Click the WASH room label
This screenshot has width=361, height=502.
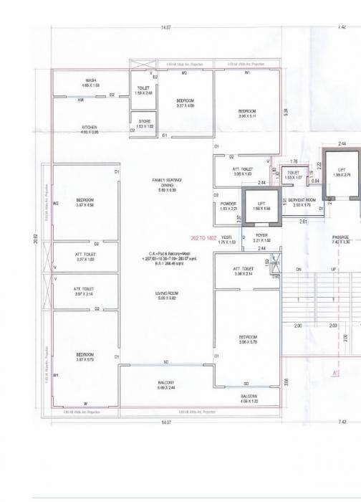(x=91, y=80)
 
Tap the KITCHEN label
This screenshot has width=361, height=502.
(x=90, y=128)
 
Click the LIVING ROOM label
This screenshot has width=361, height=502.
(x=166, y=293)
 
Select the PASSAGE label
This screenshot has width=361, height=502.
(x=340, y=237)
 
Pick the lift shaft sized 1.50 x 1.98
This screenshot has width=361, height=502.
(x=261, y=205)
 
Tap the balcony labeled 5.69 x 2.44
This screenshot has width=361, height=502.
(x=166, y=384)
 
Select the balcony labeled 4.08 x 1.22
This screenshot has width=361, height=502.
(x=249, y=397)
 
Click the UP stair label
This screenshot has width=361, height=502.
(x=332, y=270)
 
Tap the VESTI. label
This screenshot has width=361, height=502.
(x=226, y=237)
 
